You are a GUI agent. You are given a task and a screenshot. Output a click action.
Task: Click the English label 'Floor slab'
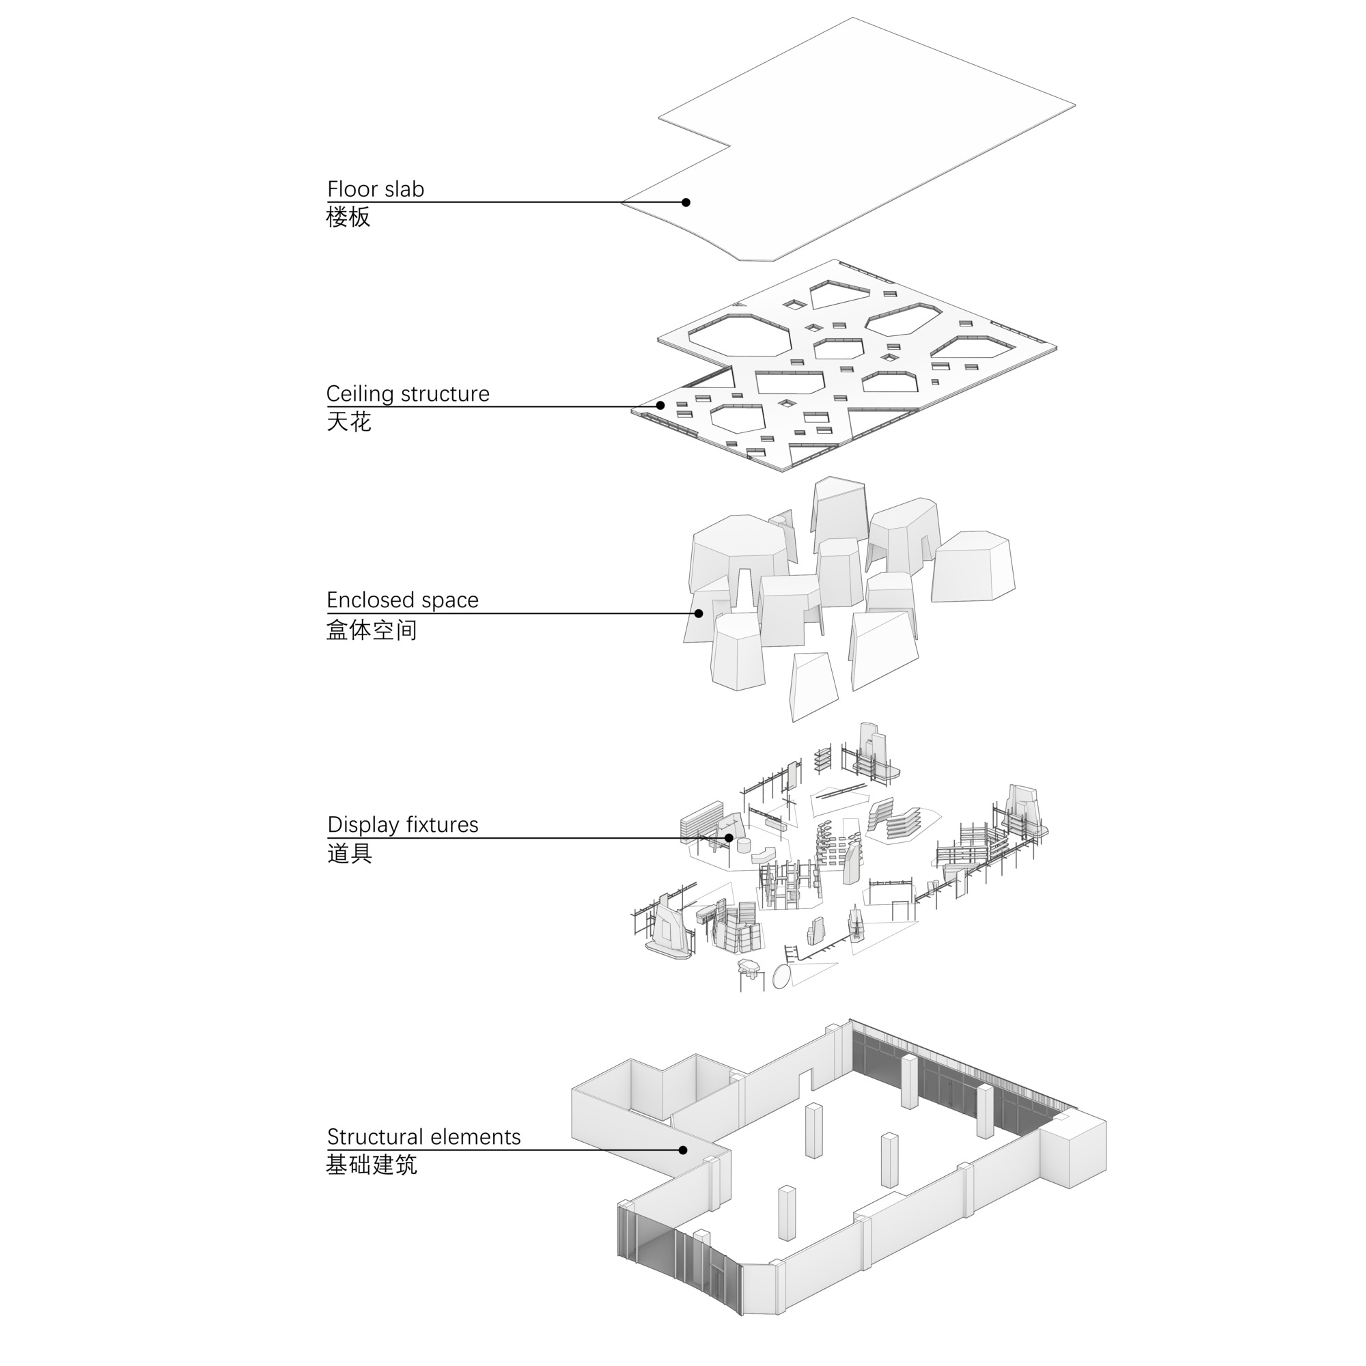[x=376, y=189]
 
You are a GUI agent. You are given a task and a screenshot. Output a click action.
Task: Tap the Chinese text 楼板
[x=348, y=217]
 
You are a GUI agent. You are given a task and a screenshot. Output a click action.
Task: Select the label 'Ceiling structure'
[x=407, y=394]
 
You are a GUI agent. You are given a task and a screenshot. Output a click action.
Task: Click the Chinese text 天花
[x=348, y=422]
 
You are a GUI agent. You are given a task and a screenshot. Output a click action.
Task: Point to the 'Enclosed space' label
[x=402, y=600]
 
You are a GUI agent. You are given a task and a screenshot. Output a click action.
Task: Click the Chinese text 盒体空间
[x=371, y=629]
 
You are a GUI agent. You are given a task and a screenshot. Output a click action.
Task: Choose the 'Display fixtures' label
[x=402, y=825]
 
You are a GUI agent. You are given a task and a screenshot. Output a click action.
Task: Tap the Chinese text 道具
[x=349, y=853]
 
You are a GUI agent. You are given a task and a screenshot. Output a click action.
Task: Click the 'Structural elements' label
[x=423, y=1137]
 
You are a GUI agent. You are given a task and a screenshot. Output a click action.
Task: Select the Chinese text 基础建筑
[x=371, y=1165]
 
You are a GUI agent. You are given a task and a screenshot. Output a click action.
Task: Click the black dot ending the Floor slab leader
[x=686, y=202]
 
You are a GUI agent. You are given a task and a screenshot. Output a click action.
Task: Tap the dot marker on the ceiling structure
[x=660, y=405]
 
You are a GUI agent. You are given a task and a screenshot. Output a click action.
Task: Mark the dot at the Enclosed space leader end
[x=699, y=613]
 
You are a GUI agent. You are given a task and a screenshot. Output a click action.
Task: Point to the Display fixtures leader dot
[x=729, y=838]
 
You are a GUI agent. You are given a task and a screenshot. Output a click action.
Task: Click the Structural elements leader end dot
[x=683, y=1150]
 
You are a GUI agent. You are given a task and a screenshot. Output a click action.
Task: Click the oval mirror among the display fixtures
[x=781, y=977]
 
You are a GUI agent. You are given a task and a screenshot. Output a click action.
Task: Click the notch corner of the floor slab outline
[x=729, y=146]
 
